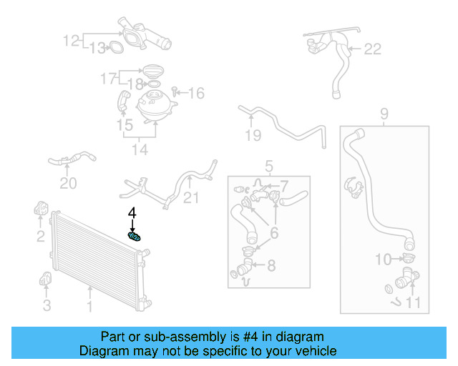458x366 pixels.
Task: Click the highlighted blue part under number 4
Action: (x=134, y=237)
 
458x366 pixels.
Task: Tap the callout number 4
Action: (x=132, y=213)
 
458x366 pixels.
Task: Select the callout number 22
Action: (x=373, y=49)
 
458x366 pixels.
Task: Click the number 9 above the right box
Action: (x=384, y=113)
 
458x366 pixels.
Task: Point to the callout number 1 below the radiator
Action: (x=90, y=307)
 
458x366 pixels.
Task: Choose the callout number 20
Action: (x=68, y=184)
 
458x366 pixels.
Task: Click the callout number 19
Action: (x=252, y=135)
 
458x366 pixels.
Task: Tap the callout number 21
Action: (x=191, y=197)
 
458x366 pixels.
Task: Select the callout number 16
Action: (x=196, y=93)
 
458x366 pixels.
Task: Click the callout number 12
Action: (x=72, y=41)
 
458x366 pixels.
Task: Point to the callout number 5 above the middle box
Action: (x=269, y=167)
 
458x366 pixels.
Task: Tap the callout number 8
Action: (x=271, y=266)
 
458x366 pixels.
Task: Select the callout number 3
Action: (x=47, y=306)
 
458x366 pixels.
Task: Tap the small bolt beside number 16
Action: (x=176, y=92)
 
